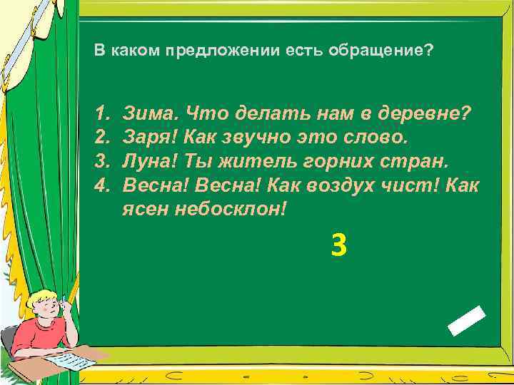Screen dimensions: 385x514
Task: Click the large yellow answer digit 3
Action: coord(338,246)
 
